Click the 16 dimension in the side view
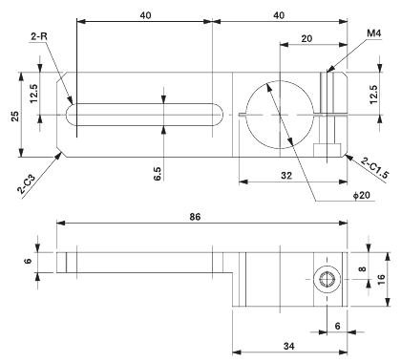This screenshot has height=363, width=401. [380, 253]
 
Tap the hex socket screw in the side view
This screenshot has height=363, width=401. [327, 254]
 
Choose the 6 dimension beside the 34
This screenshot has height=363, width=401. [337, 299]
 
